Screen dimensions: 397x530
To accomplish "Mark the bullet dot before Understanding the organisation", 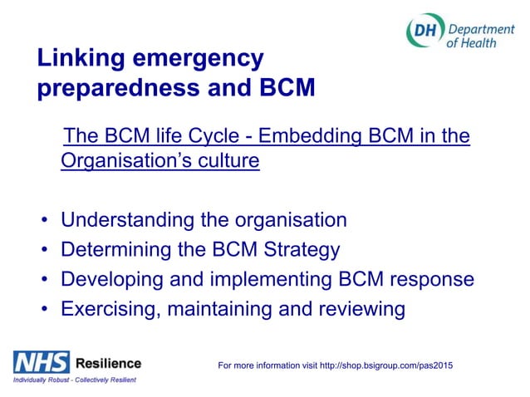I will [44, 221].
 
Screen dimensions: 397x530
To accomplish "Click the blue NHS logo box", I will [40, 362].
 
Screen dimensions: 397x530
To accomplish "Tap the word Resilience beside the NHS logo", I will [108, 363].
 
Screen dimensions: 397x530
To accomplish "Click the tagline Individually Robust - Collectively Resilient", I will [73, 380].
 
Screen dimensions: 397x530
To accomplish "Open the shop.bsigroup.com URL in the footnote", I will [395, 365].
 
